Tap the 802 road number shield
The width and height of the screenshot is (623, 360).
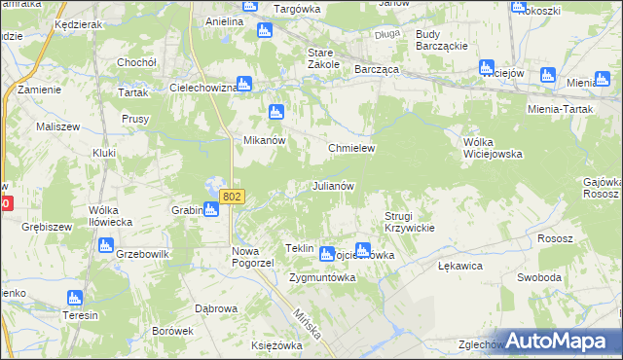click(x=231, y=197)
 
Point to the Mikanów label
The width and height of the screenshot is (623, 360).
click(x=263, y=140)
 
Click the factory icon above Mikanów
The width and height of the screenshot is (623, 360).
click(x=275, y=112)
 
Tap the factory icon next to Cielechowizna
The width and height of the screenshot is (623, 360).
click(x=244, y=85)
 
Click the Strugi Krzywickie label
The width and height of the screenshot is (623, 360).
click(x=408, y=221)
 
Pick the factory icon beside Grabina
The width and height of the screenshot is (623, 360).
click(x=210, y=209)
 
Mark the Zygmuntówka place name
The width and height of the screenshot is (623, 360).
click(x=322, y=276)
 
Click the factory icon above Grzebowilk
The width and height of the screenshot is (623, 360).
click(x=105, y=246)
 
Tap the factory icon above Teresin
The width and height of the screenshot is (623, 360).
click(x=74, y=299)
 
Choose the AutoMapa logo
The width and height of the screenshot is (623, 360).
click(x=555, y=340)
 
